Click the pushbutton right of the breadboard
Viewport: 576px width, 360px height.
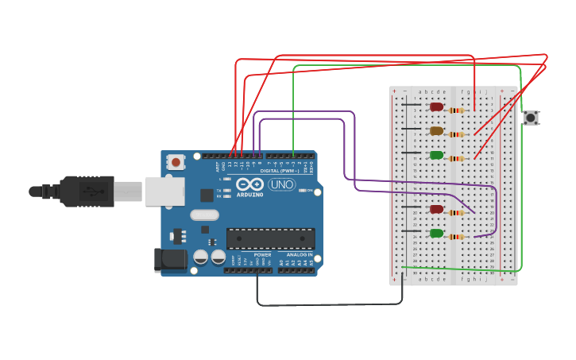coord(531,118)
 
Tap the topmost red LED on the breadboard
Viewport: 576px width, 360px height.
coord(436,106)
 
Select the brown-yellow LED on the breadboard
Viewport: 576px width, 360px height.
coord(436,130)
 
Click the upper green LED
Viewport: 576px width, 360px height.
coord(436,155)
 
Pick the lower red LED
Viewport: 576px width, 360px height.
coord(436,209)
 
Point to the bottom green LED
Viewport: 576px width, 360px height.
coord(436,233)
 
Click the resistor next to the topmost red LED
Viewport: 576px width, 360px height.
coord(456,110)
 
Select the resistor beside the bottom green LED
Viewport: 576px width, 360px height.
coord(456,237)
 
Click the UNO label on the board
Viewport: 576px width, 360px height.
coord(281,184)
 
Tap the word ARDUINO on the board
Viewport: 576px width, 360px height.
coord(249,195)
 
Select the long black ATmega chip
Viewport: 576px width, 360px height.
coord(270,238)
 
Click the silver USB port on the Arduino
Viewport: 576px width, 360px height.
coord(164,192)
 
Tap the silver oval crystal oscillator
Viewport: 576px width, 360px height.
coord(204,215)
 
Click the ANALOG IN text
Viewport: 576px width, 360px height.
coord(300,254)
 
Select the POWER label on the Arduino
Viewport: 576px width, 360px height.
coord(262,254)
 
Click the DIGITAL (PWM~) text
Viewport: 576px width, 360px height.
coord(278,171)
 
